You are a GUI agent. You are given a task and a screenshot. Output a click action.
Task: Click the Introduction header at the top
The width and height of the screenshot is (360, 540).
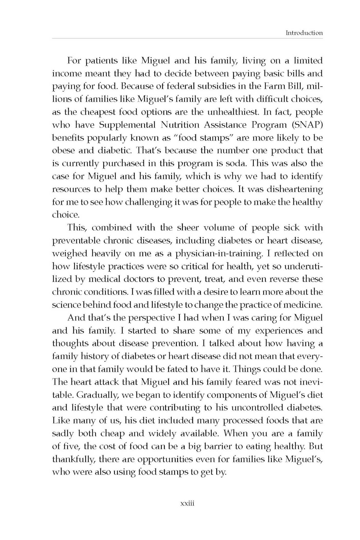point(304,33)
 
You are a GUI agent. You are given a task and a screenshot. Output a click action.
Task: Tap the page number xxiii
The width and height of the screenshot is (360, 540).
point(187,504)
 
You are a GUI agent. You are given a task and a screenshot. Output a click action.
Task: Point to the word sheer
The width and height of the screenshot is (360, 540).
point(188,228)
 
